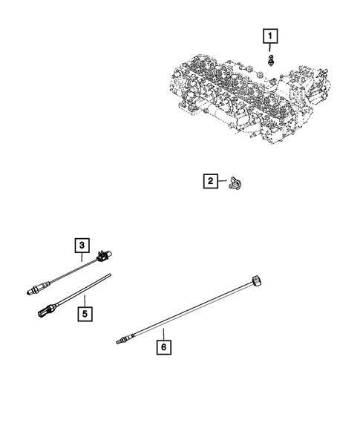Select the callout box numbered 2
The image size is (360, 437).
tap(211, 180)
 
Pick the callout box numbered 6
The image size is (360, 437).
tap(163, 345)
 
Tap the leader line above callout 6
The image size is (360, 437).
tap(163, 332)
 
